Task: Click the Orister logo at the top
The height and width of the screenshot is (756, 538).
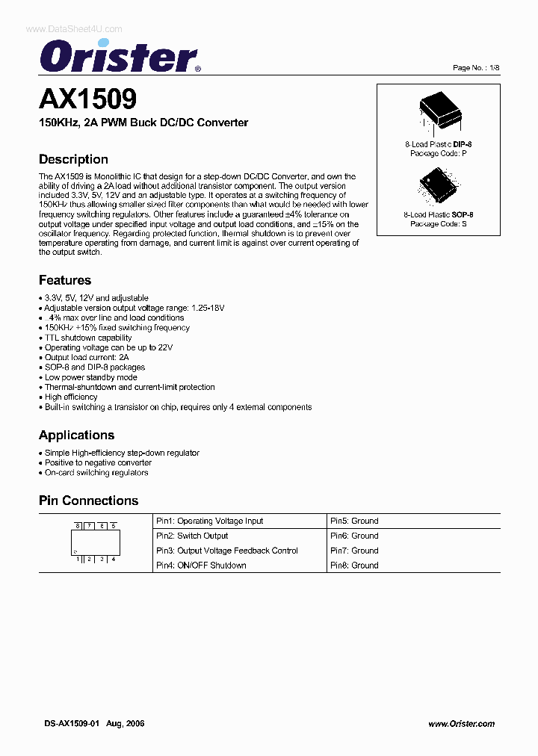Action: pos(120,55)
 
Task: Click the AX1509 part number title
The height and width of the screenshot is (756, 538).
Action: pos(87,99)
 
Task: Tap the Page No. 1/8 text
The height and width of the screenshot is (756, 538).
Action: pos(475,68)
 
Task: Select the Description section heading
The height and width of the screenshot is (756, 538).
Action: pos(73,159)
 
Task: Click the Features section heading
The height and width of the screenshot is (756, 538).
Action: pos(65,280)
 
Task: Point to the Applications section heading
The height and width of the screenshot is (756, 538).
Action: pos(76,435)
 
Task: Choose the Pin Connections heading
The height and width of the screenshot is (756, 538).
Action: pos(88,501)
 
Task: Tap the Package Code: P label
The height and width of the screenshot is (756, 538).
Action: pos(439,153)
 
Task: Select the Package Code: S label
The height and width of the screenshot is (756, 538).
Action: pos(439,223)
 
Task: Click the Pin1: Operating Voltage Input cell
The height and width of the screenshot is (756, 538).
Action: pos(210,521)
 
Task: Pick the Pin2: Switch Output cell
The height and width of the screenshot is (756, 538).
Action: pos(192,536)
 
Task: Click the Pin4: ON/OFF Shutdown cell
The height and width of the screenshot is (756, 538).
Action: pos(201,566)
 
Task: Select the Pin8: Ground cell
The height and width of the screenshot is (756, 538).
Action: pos(354,566)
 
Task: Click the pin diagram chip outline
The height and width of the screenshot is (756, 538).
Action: pos(95,542)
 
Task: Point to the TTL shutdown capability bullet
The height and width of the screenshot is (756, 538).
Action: pos(87,338)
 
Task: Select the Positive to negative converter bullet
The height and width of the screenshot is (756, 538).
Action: pos(97,462)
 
